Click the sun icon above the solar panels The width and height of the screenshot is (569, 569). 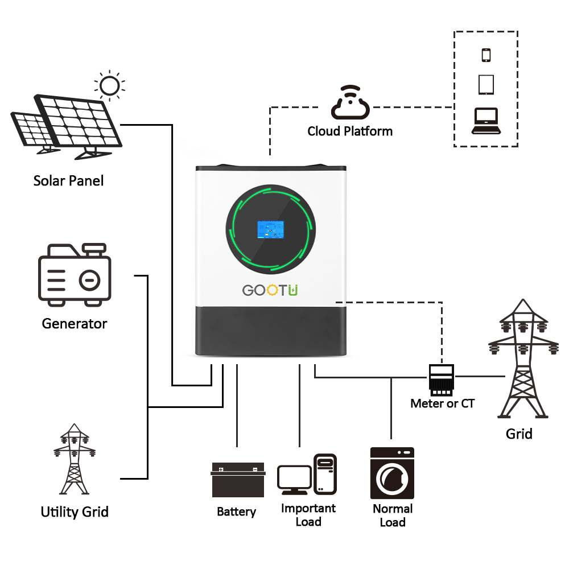point(109,86)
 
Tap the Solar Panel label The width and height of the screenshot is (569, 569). point(69,181)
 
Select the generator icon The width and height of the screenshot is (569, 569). point(75,274)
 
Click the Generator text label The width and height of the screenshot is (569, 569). point(75,324)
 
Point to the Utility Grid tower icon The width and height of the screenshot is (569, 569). point(74,459)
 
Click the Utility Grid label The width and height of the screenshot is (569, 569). point(75,512)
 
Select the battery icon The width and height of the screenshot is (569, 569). point(238,480)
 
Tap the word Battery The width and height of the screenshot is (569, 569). point(236,512)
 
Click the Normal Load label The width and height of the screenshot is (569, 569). point(393,516)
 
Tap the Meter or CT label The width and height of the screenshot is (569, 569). point(442,404)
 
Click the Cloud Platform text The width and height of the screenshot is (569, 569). point(350,131)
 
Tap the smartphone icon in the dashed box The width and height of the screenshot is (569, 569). point(486,55)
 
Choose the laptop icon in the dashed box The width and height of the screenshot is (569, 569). point(486,121)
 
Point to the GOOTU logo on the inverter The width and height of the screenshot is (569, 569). point(270,290)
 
